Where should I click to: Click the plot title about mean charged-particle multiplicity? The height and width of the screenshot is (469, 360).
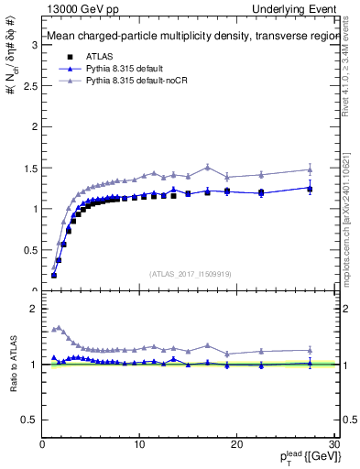click(182, 38)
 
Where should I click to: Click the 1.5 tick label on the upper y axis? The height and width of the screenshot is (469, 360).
click(29, 168)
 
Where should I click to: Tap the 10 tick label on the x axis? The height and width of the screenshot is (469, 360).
click(139, 444)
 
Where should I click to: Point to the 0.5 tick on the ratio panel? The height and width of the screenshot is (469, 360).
click(29, 420)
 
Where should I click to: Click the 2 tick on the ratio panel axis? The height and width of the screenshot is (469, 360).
click(34, 309)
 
